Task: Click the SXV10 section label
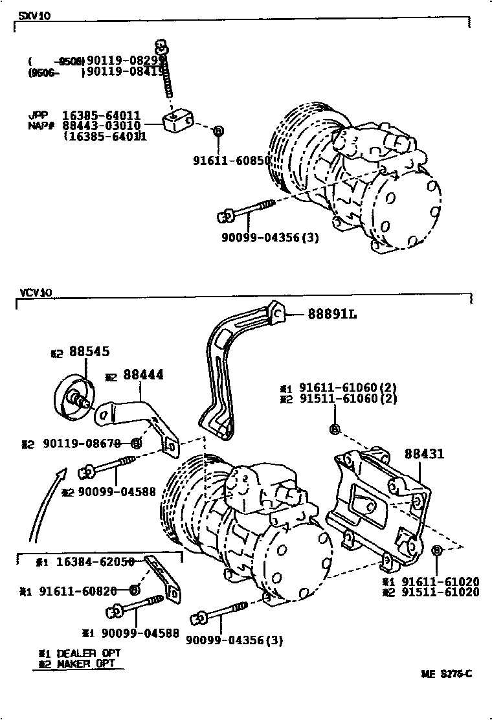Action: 34,16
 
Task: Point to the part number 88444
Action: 142,375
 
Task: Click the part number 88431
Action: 424,454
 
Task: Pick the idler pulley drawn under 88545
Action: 73,397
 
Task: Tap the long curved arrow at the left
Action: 44,505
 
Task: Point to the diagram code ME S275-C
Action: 447,674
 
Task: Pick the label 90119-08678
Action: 85,444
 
